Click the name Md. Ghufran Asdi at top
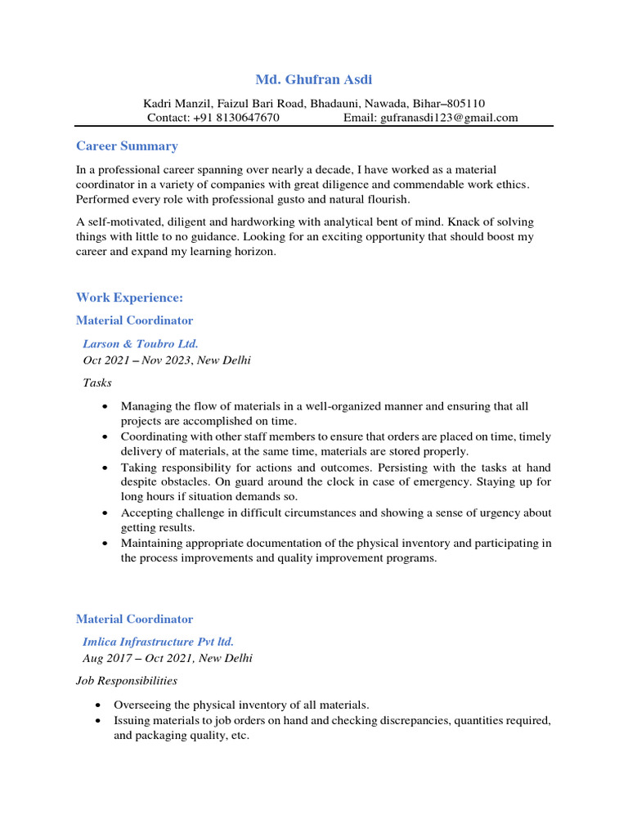click(x=314, y=80)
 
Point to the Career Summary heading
click(x=127, y=146)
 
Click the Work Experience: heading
click(x=129, y=298)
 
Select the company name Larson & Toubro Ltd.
click(x=141, y=344)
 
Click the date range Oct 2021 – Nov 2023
click(x=137, y=360)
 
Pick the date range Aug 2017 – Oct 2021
click(x=137, y=658)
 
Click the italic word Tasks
click(x=97, y=383)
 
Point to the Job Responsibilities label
click(x=127, y=681)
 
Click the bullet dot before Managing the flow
click(x=105, y=406)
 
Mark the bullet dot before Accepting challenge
click(x=105, y=513)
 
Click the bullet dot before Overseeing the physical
click(x=99, y=705)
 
